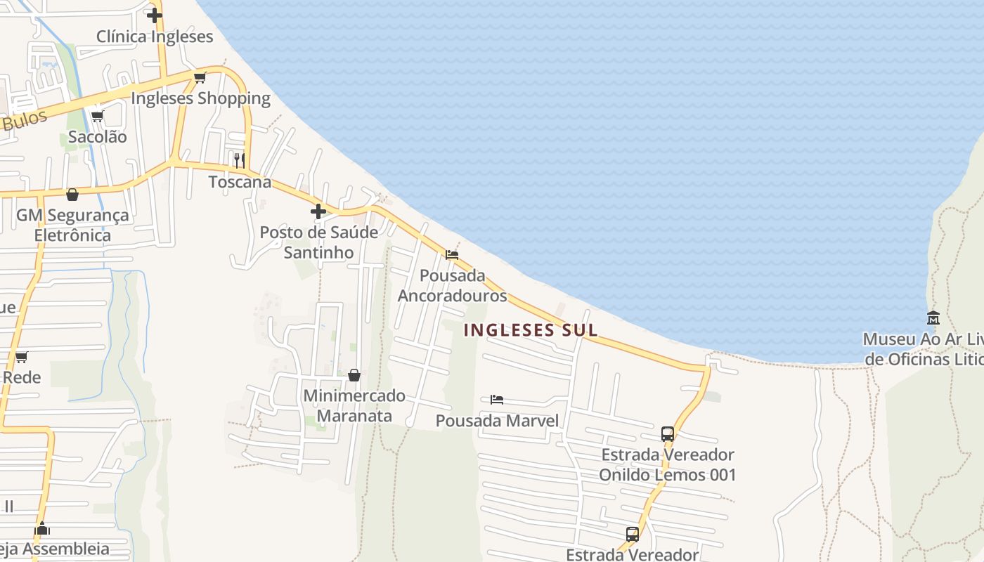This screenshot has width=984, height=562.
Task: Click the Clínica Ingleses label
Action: (x=155, y=37)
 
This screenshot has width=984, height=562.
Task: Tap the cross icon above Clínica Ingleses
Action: (x=155, y=15)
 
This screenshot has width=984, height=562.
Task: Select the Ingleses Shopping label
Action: (x=201, y=98)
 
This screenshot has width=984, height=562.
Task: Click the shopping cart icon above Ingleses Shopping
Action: (x=200, y=77)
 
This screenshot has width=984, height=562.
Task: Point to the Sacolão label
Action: (x=98, y=137)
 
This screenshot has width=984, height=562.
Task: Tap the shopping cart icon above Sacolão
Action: (x=97, y=116)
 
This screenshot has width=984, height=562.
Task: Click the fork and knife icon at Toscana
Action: (x=240, y=160)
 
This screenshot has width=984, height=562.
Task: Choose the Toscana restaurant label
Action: (x=240, y=182)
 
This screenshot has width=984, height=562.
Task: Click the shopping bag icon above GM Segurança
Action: (x=72, y=194)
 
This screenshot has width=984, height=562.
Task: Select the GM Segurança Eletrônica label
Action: (x=73, y=225)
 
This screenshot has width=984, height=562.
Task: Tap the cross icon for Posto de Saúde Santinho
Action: (x=318, y=211)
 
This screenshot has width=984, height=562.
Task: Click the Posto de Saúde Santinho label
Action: (x=319, y=242)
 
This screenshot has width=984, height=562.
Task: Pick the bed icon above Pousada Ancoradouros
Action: (x=452, y=254)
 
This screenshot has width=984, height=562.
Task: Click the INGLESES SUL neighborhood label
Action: (x=531, y=330)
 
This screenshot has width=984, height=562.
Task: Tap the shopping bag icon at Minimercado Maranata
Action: (x=354, y=375)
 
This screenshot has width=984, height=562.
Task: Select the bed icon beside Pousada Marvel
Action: (x=497, y=400)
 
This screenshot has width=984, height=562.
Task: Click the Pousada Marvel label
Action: (x=498, y=421)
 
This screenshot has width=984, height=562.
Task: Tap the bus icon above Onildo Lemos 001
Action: (x=668, y=433)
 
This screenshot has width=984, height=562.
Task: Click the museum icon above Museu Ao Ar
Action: (x=933, y=318)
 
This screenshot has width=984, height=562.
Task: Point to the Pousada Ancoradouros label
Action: (x=453, y=285)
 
